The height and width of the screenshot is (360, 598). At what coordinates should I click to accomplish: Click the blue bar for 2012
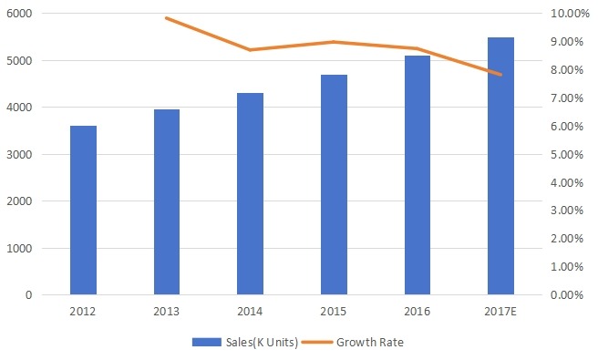point(83,211)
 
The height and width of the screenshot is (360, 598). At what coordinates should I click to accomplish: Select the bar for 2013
point(167,202)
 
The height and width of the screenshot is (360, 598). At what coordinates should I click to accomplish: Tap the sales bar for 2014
point(250,194)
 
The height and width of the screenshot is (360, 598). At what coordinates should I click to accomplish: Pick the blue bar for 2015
point(334,185)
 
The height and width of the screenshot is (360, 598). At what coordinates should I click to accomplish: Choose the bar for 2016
point(417,175)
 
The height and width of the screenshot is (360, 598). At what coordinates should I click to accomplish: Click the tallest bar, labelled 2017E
point(500,166)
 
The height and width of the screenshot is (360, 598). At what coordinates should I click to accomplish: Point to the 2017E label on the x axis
point(500,311)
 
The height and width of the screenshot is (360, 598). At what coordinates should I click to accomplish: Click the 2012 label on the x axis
point(83,311)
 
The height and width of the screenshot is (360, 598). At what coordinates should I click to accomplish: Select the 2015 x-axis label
point(334,311)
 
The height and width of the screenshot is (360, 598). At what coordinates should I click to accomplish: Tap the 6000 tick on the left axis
point(20,14)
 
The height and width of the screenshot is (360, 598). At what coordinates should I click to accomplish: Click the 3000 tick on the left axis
point(20,154)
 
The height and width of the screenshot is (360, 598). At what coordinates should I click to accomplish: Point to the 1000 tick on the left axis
point(20,248)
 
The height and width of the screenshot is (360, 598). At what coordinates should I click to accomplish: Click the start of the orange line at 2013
point(167,18)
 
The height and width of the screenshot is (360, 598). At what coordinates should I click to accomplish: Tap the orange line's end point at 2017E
point(500,75)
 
